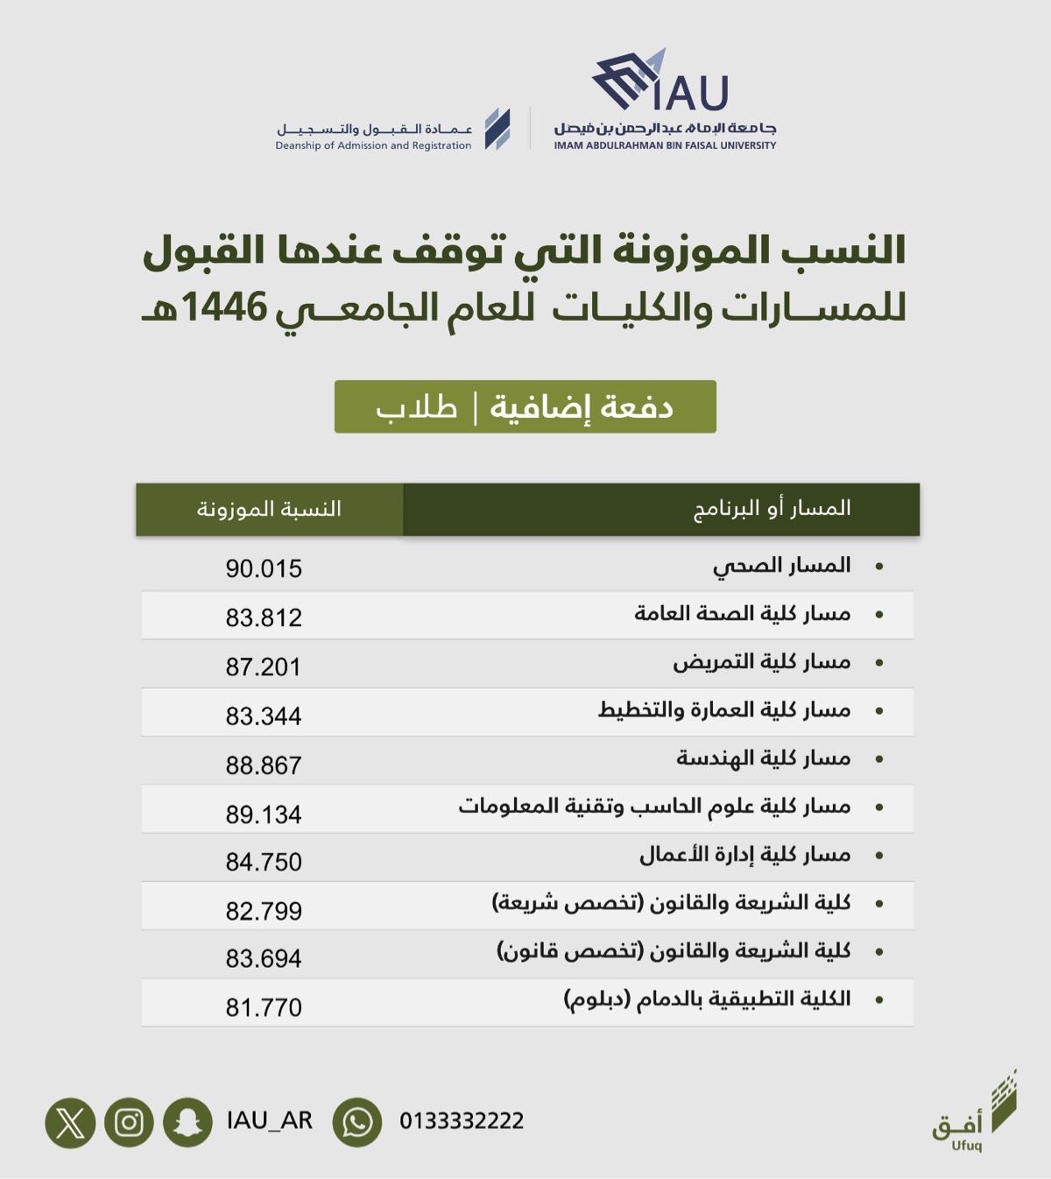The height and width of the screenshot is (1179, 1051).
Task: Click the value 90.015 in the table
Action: (x=264, y=568)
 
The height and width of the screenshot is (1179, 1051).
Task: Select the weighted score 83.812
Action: (x=264, y=618)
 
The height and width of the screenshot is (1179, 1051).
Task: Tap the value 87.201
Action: (x=264, y=667)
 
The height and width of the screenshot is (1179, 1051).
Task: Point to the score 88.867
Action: (x=264, y=765)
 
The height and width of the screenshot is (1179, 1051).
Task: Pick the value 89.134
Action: (x=264, y=814)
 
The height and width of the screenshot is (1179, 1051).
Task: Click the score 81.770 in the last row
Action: (x=264, y=1007)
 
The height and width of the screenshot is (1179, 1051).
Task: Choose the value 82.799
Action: (x=264, y=911)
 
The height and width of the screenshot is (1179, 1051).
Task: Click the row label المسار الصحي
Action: (x=781, y=566)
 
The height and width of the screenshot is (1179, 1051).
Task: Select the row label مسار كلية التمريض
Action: (x=761, y=662)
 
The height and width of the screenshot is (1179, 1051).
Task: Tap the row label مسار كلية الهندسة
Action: (x=763, y=759)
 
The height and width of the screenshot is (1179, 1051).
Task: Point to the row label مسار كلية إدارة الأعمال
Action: (x=744, y=855)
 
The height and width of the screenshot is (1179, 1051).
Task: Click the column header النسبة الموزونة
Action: (x=269, y=509)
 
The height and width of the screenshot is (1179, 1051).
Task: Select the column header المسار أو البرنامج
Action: (x=772, y=509)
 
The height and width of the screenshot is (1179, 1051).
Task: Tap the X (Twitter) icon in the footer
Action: (x=70, y=1122)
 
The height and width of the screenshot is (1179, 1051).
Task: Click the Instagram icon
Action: (x=129, y=1122)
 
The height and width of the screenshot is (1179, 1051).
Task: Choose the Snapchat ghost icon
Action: (x=187, y=1122)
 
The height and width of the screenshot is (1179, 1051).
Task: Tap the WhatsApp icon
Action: (x=357, y=1122)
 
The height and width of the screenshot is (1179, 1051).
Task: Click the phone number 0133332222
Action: (x=462, y=1121)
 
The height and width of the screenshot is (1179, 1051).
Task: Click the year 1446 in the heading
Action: (x=224, y=307)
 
